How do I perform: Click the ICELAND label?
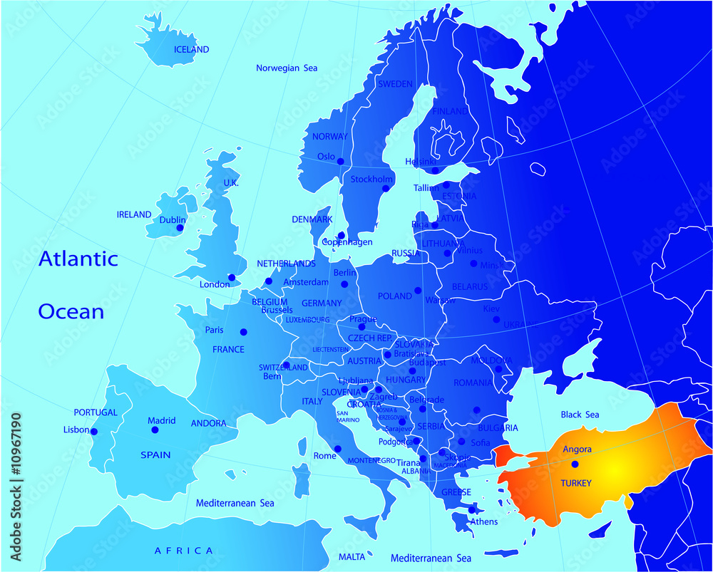[192, 50]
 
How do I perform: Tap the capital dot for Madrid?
[154, 430]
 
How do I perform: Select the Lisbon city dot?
[93, 431]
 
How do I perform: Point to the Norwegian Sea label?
[287, 68]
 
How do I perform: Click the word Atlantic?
[78, 259]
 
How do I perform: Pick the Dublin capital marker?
[180, 228]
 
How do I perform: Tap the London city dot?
[231, 277]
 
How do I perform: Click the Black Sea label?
[580, 415]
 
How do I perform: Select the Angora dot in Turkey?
[575, 464]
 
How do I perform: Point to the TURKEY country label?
[576, 483]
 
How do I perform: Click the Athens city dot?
[471, 509]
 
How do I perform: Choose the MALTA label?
[352, 556]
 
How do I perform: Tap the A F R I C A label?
[184, 550]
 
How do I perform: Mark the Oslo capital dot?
[340, 161]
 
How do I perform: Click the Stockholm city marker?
[386, 189]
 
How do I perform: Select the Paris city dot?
[244, 331]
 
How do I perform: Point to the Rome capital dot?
[338, 449]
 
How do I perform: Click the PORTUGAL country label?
[96, 412]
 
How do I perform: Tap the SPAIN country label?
[155, 454]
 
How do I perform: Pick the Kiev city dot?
[496, 319]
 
